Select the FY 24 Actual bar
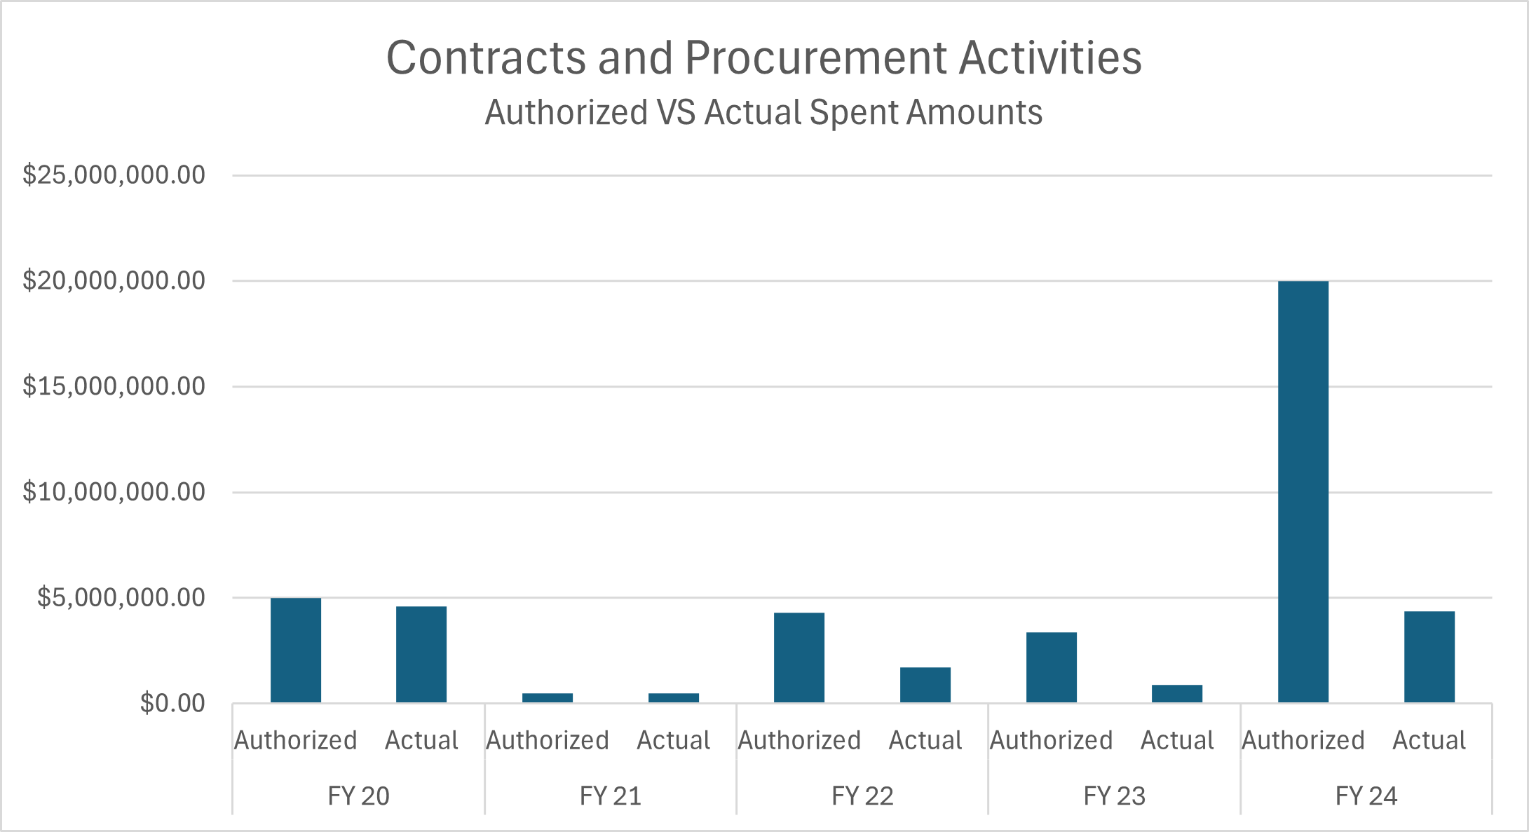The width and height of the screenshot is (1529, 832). point(1429,657)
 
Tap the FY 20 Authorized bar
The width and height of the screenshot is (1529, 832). point(295,650)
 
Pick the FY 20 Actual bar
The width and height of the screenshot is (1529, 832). point(421,655)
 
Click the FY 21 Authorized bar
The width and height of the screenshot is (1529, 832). point(547,697)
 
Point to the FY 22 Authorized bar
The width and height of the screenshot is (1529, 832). point(799,657)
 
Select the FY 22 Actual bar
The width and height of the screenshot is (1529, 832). point(925,685)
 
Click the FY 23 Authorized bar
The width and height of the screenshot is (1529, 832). point(1051,667)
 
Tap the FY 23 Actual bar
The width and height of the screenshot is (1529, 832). point(1176,693)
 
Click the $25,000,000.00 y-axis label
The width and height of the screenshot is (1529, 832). point(114,175)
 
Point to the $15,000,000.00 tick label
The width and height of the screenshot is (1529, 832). point(114,386)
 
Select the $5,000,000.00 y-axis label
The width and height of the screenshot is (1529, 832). point(121,597)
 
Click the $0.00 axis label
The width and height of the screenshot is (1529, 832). point(172,702)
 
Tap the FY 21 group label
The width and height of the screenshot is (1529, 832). point(610,796)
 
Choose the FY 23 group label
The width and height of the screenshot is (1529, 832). point(1114,796)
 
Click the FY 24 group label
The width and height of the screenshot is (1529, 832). point(1366,796)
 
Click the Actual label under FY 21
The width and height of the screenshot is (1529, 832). point(673,740)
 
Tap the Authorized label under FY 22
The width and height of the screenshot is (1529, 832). point(799,740)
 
